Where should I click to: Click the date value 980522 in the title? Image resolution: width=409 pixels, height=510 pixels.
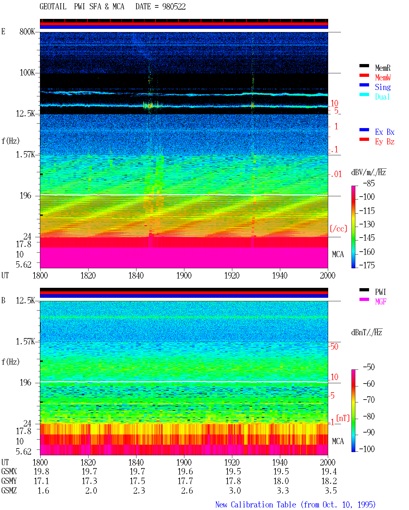pos(174,7)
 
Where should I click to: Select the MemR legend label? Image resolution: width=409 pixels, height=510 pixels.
pos(382,68)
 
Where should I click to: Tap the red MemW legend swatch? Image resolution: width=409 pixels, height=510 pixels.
pos(364,75)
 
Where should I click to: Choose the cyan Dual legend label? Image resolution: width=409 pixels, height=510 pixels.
pos(382,97)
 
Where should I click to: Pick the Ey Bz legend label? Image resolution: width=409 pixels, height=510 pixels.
pos(385,142)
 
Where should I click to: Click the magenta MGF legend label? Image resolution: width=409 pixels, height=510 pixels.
pos(381,302)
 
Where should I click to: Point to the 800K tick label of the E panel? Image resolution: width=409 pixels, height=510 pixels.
pos(27,31)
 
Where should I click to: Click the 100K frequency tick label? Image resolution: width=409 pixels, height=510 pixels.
pos(27,73)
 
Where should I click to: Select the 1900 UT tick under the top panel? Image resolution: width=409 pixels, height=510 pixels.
pos(184,275)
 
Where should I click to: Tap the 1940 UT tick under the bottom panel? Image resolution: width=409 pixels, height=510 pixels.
pos(280,462)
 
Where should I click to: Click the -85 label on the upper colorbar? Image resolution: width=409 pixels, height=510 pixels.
pos(369,183)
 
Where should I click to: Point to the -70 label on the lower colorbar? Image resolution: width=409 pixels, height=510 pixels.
pos(369,400)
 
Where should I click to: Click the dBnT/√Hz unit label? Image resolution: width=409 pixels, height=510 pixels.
pos(367,333)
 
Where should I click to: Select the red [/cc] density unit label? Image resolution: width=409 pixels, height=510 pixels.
pos(338,229)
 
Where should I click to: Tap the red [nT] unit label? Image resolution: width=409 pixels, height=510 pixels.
pos(343,418)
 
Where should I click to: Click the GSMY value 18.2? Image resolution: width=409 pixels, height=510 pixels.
pos(329,481)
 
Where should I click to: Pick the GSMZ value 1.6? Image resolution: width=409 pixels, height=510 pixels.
pos(43,490)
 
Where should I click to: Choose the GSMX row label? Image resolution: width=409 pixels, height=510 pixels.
pos(9,472)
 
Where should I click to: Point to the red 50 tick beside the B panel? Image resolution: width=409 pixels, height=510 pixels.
pos(334,346)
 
